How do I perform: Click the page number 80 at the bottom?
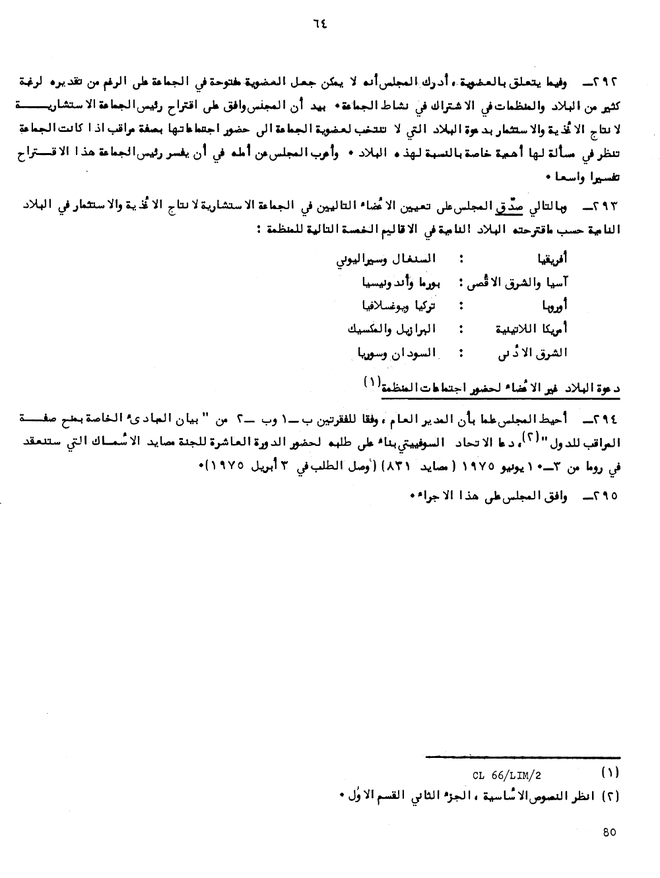click(609, 832)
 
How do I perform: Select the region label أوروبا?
click(554, 305)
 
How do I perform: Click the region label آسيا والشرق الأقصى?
click(519, 281)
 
